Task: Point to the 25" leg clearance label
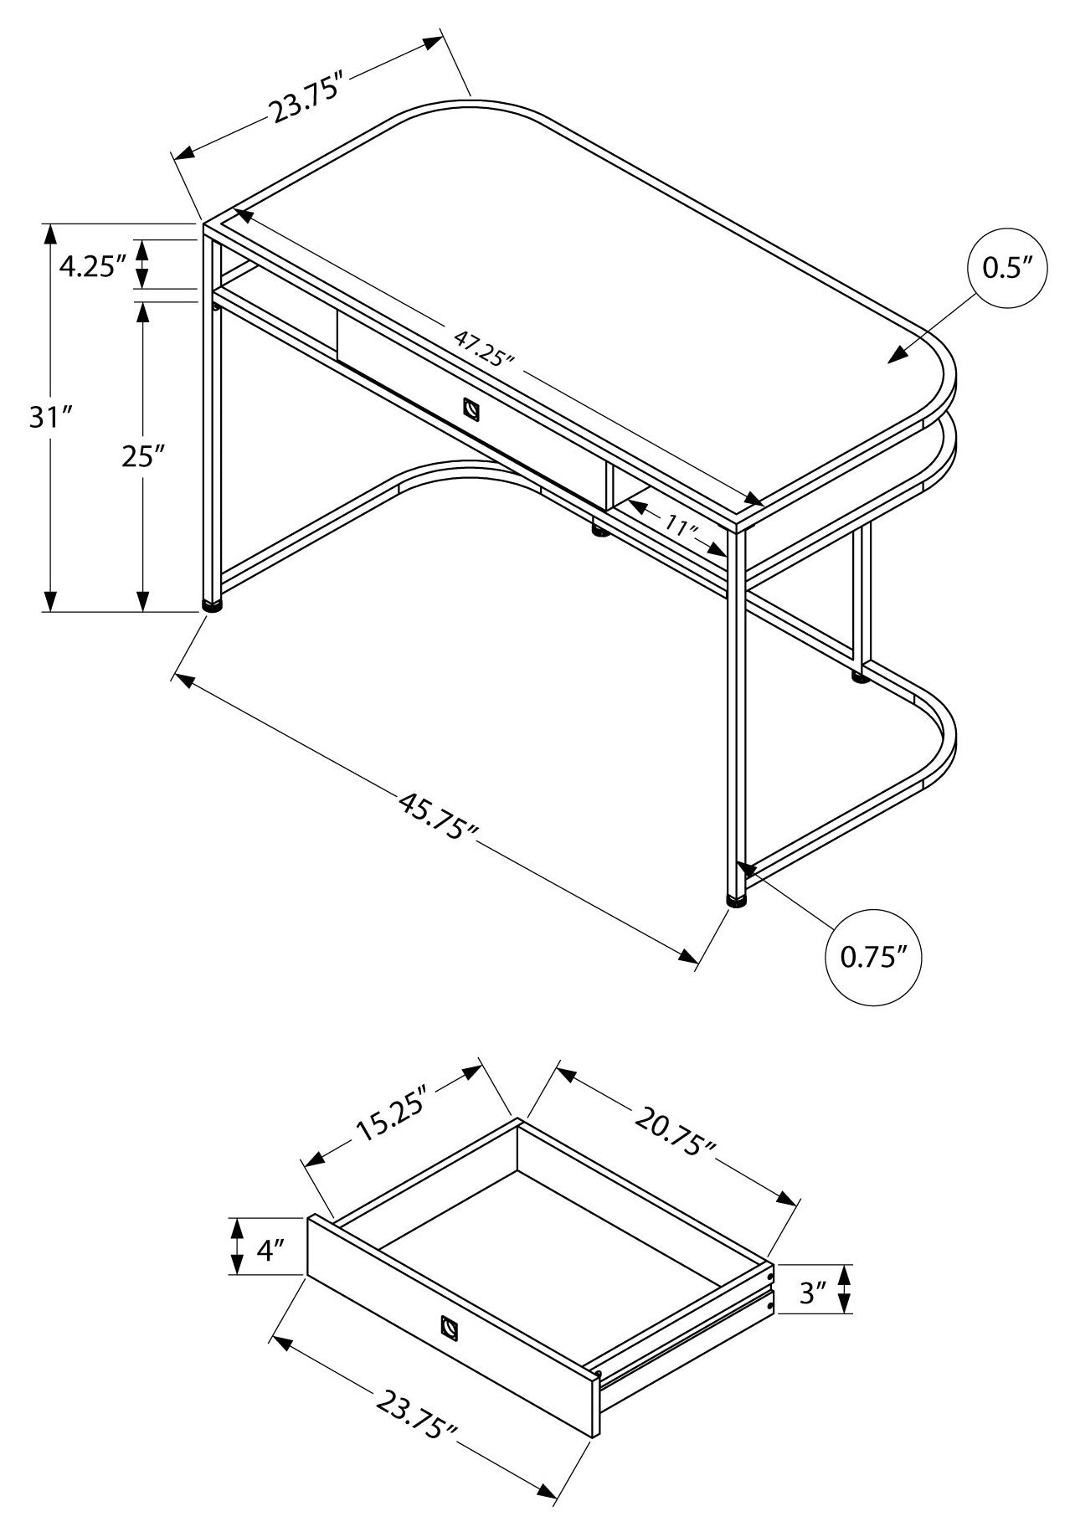(141, 457)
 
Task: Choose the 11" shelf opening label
(683, 527)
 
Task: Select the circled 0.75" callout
(874, 957)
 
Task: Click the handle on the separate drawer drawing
(450, 1328)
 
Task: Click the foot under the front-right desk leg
(737, 902)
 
